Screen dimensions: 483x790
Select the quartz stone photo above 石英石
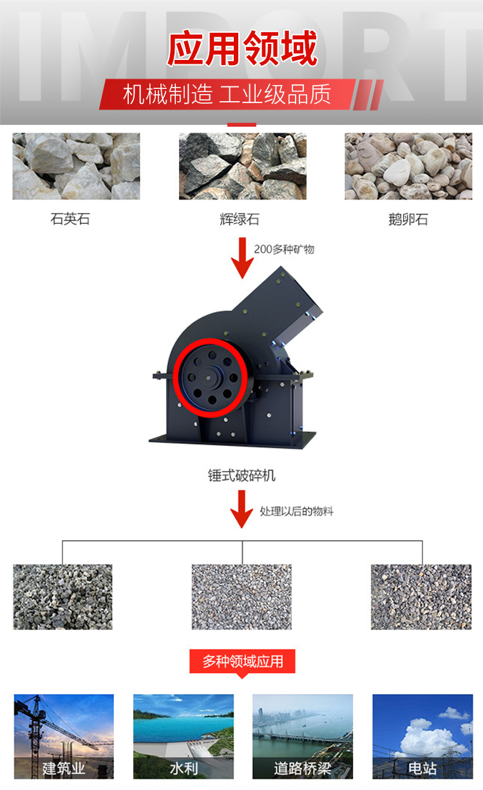[x=76, y=166]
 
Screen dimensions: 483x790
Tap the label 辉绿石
[x=240, y=219]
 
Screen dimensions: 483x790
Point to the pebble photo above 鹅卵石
[x=408, y=166]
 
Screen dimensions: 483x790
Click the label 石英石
[x=70, y=219]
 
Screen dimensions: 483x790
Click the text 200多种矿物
[x=284, y=249]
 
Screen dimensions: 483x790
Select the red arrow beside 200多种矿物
[x=242, y=258]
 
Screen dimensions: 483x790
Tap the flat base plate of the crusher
[x=232, y=440]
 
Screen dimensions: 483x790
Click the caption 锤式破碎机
[x=241, y=476]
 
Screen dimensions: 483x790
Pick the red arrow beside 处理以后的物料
[x=241, y=509]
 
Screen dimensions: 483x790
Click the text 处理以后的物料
[x=296, y=511]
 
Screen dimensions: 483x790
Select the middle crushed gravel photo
[x=241, y=597]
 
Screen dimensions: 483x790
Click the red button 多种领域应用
[x=242, y=661]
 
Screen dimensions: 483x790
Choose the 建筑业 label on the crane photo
[x=64, y=768]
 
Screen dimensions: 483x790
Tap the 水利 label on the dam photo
[x=184, y=768]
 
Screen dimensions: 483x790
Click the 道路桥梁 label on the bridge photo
[x=303, y=768]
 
